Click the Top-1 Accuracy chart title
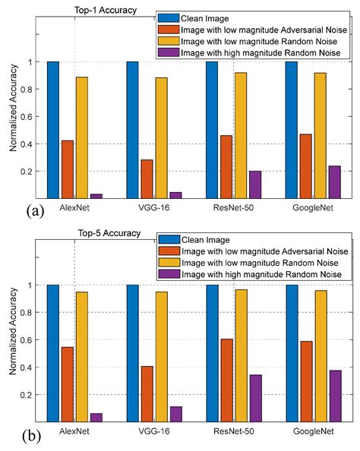coord(106,11)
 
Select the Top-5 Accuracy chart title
coord(109,233)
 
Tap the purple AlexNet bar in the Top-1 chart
coord(96,196)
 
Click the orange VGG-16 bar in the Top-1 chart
coord(147,179)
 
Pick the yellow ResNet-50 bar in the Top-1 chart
coord(241,135)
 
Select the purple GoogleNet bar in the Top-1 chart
coord(335,182)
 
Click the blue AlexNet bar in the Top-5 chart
coord(53,353)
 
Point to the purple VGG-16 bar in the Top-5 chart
coord(176,415)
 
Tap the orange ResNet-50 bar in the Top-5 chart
coord(227,380)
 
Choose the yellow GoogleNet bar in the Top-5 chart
coord(321,356)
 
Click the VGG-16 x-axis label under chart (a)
coord(154,207)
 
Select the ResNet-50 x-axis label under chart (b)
coord(234,431)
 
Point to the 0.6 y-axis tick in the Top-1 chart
coord(26,116)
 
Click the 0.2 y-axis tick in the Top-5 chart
coord(26,394)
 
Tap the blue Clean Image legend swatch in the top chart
coord(169,18)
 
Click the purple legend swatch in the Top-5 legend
coord(169,274)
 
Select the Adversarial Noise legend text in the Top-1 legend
coord(314,30)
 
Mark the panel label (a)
coord(35,212)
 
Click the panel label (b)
coord(32,436)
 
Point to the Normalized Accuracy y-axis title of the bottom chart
coord(13,331)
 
